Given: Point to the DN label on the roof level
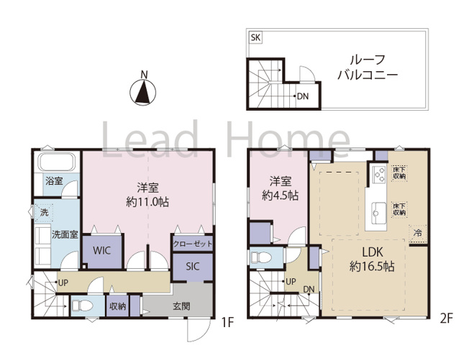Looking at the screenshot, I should pos(303,96).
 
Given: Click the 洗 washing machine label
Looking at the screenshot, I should pos(42,212).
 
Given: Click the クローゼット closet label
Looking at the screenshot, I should pos(193,244).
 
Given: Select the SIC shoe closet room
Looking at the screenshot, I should pos(192,266).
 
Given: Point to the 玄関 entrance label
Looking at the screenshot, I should pos(182,306).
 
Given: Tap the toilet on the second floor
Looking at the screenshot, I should pos(260,257).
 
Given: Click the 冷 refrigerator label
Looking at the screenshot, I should pos(418,232).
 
